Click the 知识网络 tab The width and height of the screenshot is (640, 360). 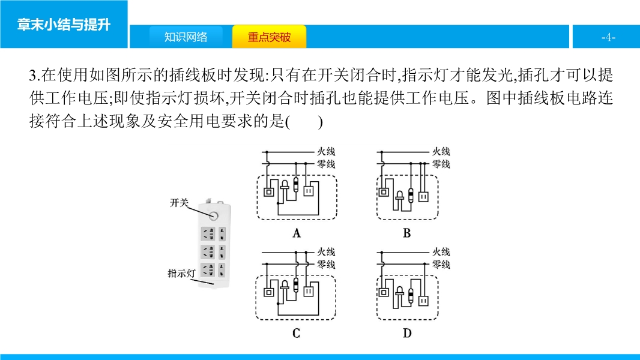click(x=186, y=37)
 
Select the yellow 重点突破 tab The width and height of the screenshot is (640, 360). click(x=269, y=37)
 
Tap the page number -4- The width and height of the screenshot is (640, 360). click(x=608, y=37)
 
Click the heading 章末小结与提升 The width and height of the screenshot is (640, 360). click(x=64, y=25)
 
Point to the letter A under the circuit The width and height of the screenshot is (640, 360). click(x=297, y=233)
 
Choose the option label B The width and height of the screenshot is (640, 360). click(x=407, y=233)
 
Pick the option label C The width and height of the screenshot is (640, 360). click(x=297, y=334)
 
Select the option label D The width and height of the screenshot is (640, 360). click(x=407, y=334)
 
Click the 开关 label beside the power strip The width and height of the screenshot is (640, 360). click(x=179, y=203)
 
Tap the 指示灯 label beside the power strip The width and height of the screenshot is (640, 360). click(x=182, y=273)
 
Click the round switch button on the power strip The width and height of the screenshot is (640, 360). click(x=213, y=215)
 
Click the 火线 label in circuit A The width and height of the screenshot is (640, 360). click(x=327, y=152)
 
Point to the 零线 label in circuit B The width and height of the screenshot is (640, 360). click(x=441, y=164)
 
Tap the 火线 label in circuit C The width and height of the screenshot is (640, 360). click(x=327, y=252)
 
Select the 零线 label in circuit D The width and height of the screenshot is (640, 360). click(x=441, y=265)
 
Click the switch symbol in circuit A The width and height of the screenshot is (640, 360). click(x=268, y=191)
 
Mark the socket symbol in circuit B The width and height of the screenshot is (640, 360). click(x=424, y=197)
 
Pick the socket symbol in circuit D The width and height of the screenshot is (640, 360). click(x=424, y=301)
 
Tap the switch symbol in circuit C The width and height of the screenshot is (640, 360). click(x=268, y=292)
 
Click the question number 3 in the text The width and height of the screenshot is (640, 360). click(x=33, y=76)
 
